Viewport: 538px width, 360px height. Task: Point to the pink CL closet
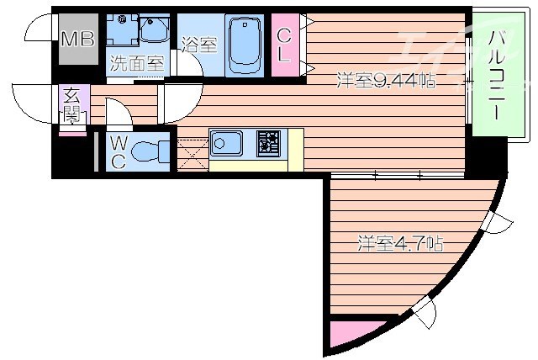[285, 46]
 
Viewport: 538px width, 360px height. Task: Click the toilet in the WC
[149, 152]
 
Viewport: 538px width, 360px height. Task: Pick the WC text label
[118, 152]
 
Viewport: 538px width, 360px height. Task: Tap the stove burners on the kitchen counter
[269, 144]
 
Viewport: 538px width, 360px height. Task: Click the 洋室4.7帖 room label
[400, 244]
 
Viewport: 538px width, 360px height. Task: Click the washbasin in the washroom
[154, 31]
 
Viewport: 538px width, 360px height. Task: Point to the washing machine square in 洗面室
[122, 32]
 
